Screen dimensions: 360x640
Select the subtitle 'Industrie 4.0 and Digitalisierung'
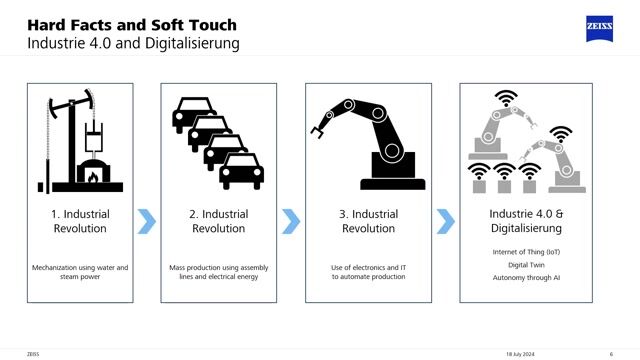[133, 45]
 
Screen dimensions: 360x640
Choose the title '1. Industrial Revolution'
[79, 221]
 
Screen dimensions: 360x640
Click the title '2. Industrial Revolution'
[218, 221]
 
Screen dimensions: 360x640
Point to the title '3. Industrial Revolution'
[368, 221]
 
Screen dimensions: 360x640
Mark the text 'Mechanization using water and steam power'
[79, 271]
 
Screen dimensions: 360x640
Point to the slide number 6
[611, 353]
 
